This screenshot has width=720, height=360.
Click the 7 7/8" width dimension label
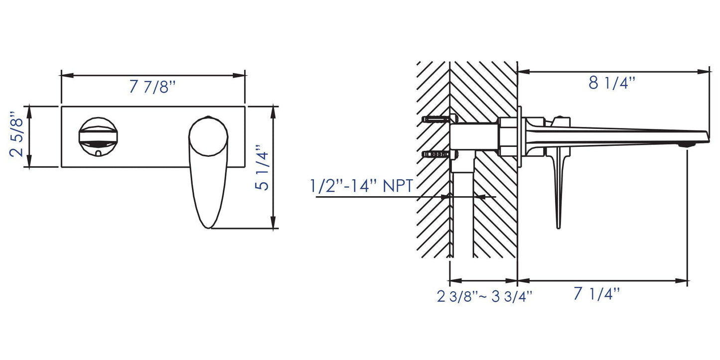click(152, 87)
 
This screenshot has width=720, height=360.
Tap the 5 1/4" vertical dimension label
click(262, 168)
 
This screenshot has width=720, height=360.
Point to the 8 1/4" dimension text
click(612, 83)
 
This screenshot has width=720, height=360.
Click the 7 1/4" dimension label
click(596, 294)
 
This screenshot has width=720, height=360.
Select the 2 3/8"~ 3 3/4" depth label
click(484, 297)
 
